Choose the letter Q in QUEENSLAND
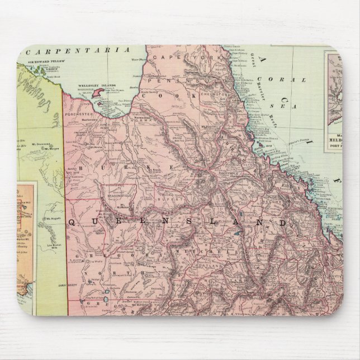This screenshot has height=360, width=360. click(72, 221)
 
